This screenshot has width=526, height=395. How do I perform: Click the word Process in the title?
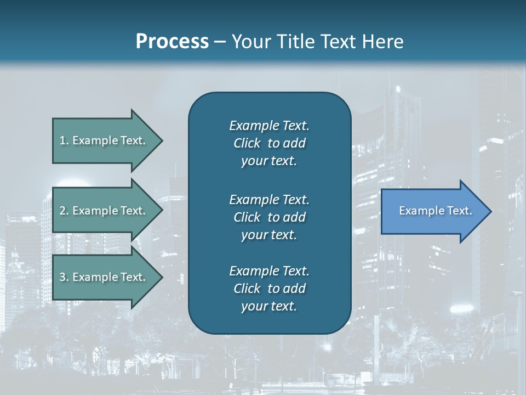172,42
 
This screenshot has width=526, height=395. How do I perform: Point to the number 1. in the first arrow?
64,140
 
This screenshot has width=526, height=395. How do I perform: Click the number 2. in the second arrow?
64,211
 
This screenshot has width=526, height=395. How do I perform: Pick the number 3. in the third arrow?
64,277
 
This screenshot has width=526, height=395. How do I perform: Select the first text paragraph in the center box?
269,143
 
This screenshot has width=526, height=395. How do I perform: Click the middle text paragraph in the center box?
269,217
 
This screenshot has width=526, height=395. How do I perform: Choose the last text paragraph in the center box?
269,289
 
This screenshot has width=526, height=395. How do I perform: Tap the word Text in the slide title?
340,42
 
